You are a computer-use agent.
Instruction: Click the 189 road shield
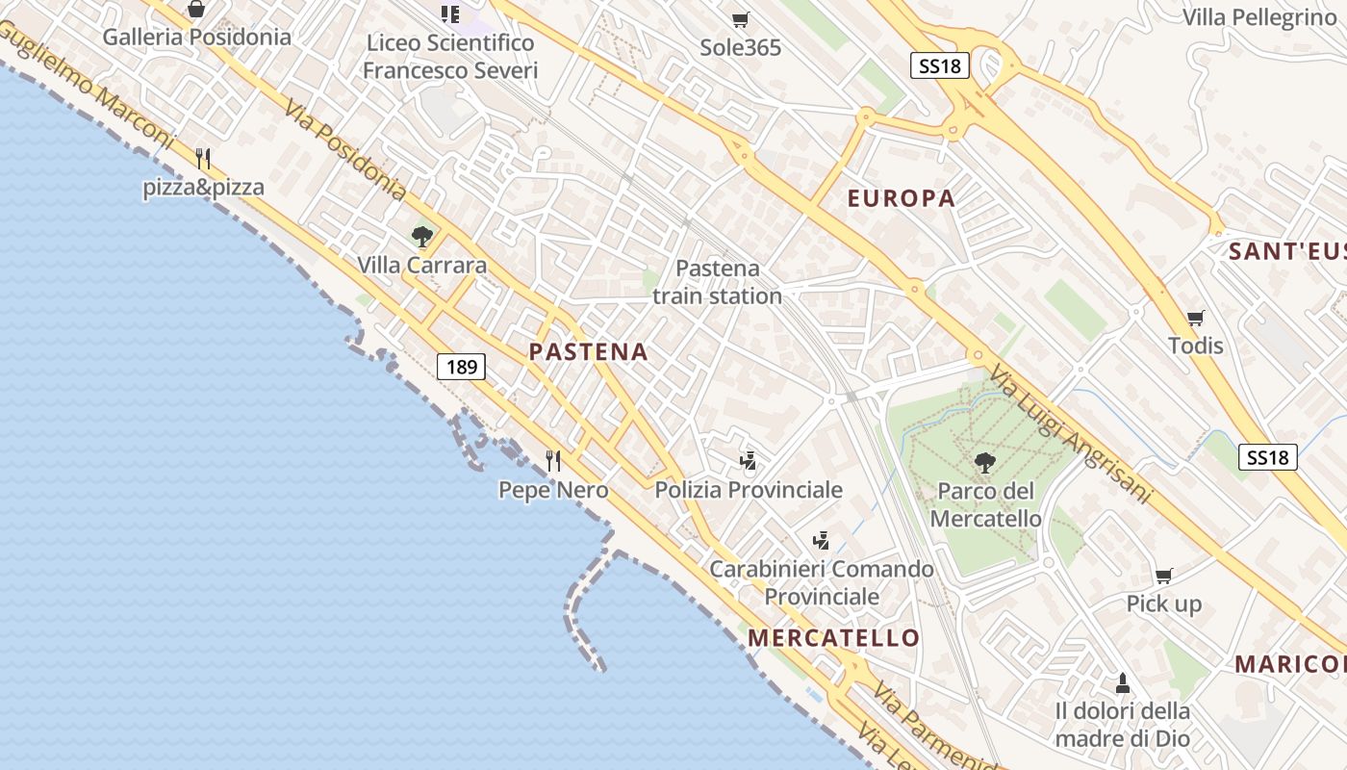(x=462, y=367)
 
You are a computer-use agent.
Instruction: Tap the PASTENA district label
(x=589, y=352)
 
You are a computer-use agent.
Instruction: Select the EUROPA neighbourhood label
(x=901, y=199)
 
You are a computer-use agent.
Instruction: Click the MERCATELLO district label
(x=833, y=638)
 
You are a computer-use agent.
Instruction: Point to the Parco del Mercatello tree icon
(x=984, y=464)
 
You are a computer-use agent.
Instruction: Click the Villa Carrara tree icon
(x=421, y=236)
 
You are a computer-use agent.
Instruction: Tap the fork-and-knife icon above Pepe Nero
(x=553, y=461)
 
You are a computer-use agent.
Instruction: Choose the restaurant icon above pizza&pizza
(x=203, y=159)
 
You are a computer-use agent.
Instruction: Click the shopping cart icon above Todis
(x=1195, y=318)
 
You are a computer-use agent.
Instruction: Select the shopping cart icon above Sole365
(x=740, y=20)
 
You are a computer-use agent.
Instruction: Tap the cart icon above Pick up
(x=1163, y=577)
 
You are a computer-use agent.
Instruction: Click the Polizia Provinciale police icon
(x=748, y=461)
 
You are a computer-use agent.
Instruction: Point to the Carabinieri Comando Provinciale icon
(x=821, y=541)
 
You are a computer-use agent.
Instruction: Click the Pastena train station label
(x=717, y=282)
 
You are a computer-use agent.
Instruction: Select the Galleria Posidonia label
(x=196, y=38)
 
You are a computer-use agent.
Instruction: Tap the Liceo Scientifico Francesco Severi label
(x=450, y=57)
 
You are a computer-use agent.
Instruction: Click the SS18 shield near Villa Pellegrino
(x=939, y=65)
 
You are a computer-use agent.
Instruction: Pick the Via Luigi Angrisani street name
(x=1070, y=435)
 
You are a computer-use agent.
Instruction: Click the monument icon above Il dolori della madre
(x=1122, y=684)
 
